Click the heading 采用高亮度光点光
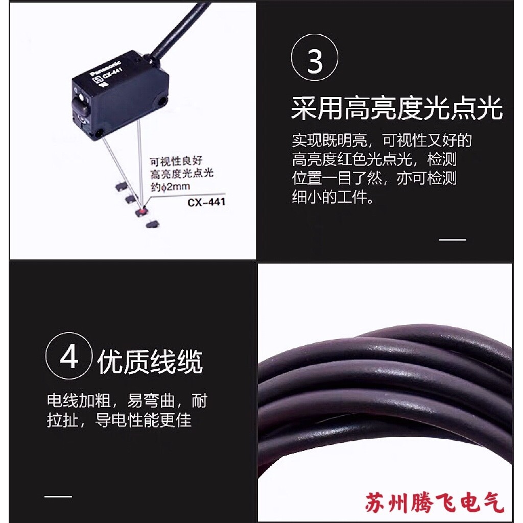coord(396,109)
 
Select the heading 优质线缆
coord(150,362)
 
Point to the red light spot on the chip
coord(140,210)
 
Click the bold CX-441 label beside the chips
coord(206,202)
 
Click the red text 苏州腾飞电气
coord(435,503)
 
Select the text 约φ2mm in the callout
coord(169,187)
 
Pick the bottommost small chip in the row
coord(151,223)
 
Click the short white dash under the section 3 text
coord(453,240)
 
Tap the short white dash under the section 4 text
coord(58,496)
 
